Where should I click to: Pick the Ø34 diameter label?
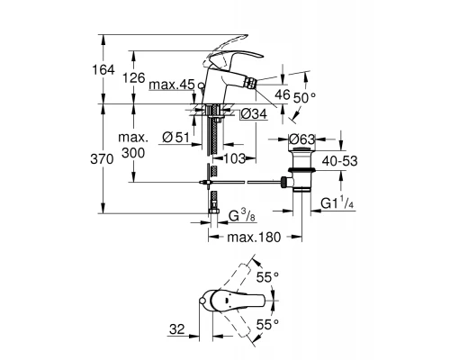pyautogui.click(x=253, y=114)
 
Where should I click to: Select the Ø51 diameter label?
pyautogui.click(x=175, y=136)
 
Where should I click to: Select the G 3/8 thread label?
pyautogui.click(x=246, y=215)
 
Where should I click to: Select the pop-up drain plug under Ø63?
pyautogui.click(x=299, y=163)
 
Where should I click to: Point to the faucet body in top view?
pyautogui.click(x=213, y=301)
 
